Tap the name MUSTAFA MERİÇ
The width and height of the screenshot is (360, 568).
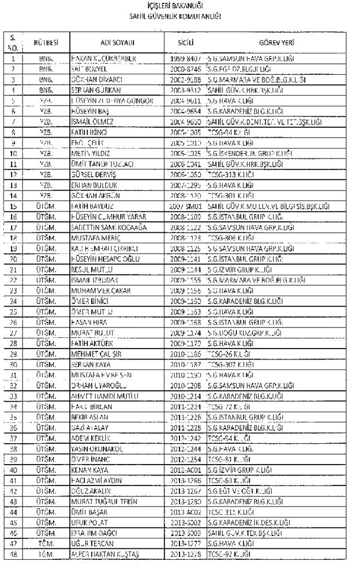[x=93, y=238]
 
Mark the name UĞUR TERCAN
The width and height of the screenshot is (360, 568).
[x=90, y=543]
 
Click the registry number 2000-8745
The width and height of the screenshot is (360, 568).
[x=186, y=69]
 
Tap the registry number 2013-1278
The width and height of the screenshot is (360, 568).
[x=186, y=553]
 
